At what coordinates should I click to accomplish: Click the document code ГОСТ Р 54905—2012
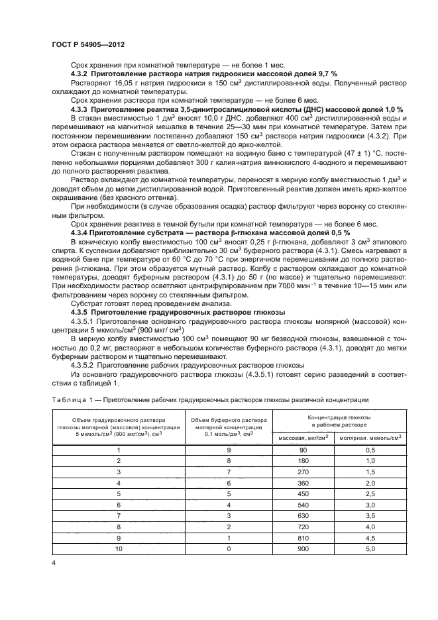pos(88,44)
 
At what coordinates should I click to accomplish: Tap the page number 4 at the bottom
pos(53,562)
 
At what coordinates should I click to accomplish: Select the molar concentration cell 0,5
pos(370,450)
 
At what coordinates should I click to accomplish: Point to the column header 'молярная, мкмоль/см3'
pos(370,439)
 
